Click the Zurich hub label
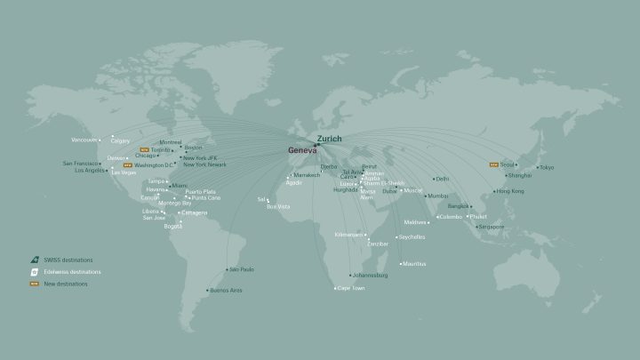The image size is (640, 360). click(329, 139)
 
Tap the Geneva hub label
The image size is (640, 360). click(302, 150)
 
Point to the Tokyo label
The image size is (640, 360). click(546, 167)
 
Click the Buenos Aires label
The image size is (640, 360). click(225, 290)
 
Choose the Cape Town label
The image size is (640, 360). click(349, 288)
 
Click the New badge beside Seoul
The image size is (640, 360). click(494, 164)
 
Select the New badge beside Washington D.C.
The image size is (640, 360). click(127, 165)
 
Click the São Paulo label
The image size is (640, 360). click(242, 268)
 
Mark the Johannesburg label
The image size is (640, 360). click(369, 275)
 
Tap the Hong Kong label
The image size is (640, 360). click(509, 191)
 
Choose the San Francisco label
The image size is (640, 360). click(81, 163)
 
